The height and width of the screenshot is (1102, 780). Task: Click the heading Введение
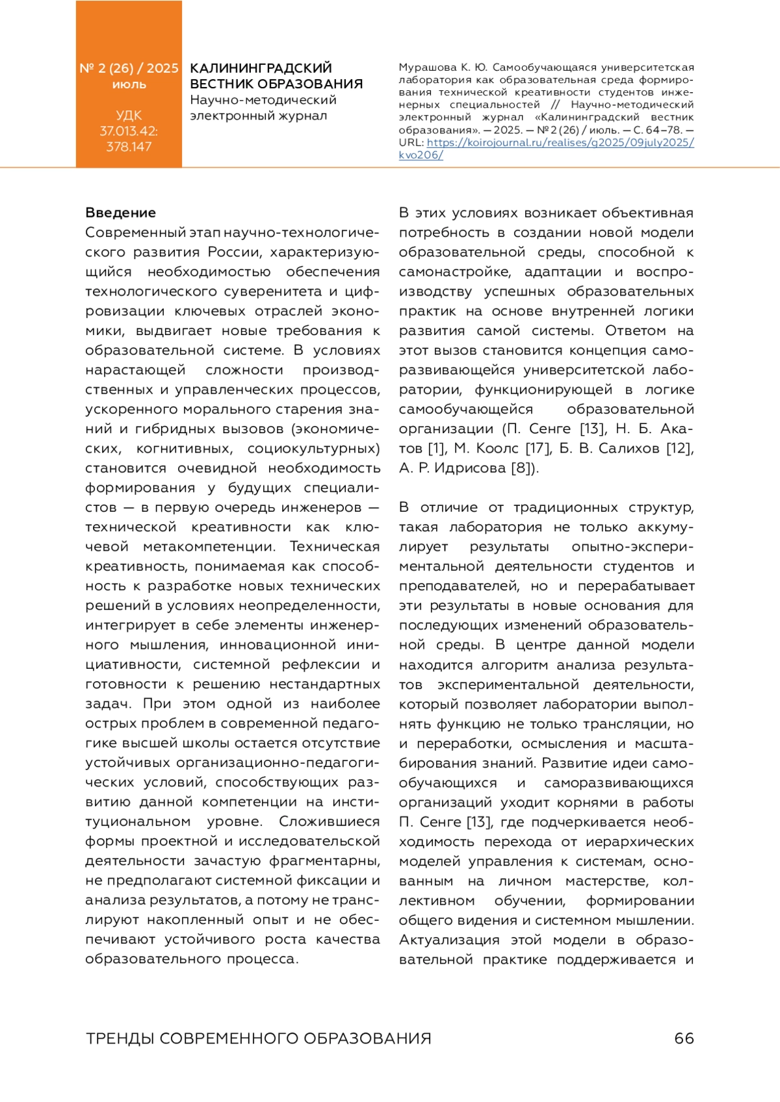pos(120,213)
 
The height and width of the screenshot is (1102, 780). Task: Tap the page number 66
pos(684,1038)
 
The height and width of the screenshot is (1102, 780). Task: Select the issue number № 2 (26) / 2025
pos(129,68)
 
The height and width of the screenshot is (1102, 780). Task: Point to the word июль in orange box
pos(129,85)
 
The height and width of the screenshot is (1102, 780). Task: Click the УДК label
pos(129,116)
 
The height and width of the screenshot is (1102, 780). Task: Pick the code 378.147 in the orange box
pos(129,147)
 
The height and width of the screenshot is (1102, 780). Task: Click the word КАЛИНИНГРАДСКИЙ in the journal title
pos(261,68)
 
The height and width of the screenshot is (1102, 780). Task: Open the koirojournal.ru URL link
pos(560,143)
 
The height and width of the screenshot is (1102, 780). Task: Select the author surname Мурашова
pos(428,68)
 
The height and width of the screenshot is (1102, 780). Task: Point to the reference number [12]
pos(680,448)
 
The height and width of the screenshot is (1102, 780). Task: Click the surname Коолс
pos(497,448)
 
